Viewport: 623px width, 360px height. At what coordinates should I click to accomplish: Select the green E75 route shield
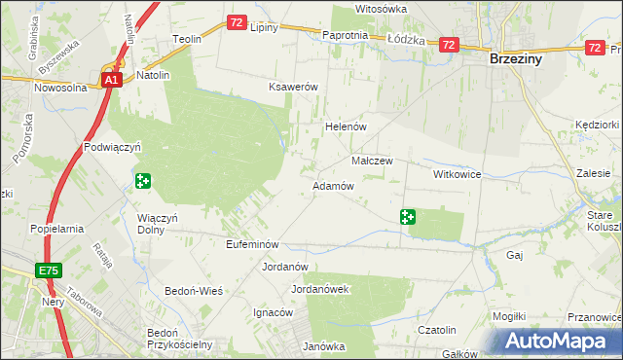pyautogui.click(x=51, y=270)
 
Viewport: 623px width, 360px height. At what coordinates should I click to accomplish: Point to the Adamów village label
pyautogui.click(x=331, y=185)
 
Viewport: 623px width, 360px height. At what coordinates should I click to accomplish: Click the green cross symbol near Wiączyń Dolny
pyautogui.click(x=143, y=180)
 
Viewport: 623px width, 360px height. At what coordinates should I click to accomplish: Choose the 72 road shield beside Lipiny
pyautogui.click(x=237, y=21)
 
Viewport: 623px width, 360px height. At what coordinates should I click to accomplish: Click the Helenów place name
pyautogui.click(x=344, y=127)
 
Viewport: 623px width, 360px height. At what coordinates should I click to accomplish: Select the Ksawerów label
pyautogui.click(x=294, y=87)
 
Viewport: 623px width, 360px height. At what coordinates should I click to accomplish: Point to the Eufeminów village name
pyautogui.click(x=252, y=244)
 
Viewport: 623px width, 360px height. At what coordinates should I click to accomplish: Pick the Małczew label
pyautogui.click(x=371, y=161)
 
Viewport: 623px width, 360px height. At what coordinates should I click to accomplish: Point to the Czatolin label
pyautogui.click(x=437, y=331)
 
